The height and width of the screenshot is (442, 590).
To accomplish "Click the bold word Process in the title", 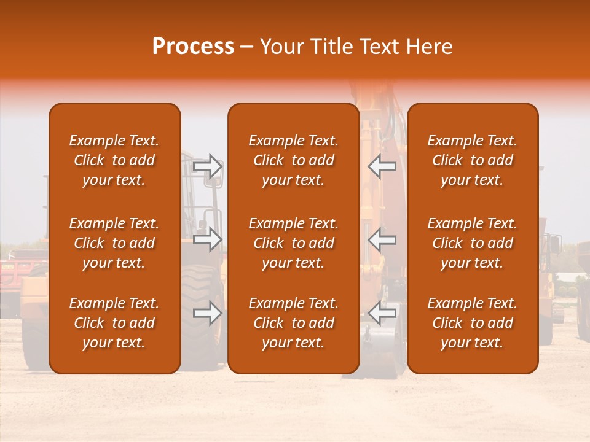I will [193, 47].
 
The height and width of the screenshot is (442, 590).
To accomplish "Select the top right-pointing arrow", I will [208, 166].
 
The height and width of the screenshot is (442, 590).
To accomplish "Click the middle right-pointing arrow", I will [208, 239].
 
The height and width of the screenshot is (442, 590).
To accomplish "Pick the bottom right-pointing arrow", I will [208, 313].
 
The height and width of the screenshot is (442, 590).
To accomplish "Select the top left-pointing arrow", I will [382, 166].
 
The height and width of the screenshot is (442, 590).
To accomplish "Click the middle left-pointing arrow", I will [382, 239].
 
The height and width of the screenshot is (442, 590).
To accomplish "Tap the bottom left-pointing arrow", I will [382, 313].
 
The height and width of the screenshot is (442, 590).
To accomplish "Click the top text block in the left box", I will [114, 160].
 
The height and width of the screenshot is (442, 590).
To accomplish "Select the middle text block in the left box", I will [114, 243].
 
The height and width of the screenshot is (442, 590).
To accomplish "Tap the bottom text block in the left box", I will [114, 323].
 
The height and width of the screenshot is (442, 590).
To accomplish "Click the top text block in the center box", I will [293, 160].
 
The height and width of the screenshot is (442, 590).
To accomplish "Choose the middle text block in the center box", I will [293, 243].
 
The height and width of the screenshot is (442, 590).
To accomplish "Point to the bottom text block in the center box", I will [293, 323].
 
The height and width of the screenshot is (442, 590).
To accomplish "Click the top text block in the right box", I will [472, 160].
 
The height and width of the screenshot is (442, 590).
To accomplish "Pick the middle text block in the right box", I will [472, 243].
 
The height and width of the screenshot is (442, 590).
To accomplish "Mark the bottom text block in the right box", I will [472, 323].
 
